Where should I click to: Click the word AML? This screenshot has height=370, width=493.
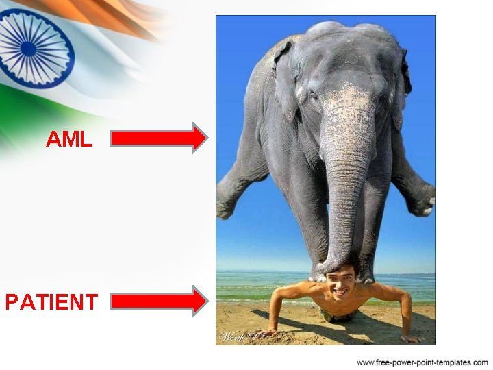click(x=68, y=139)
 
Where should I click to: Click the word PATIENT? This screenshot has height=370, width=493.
click(x=51, y=301)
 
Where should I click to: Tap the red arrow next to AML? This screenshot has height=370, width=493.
click(x=158, y=138)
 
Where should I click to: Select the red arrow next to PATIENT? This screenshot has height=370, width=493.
click(x=158, y=301)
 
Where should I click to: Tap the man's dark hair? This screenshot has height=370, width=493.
click(x=340, y=269)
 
